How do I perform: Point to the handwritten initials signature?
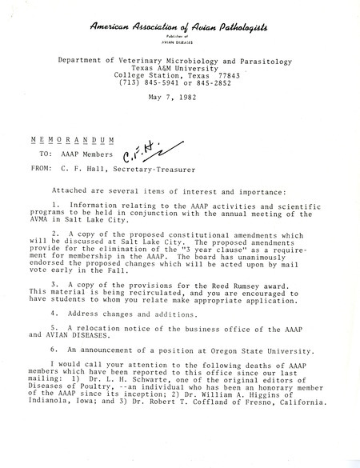tap(143, 151)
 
